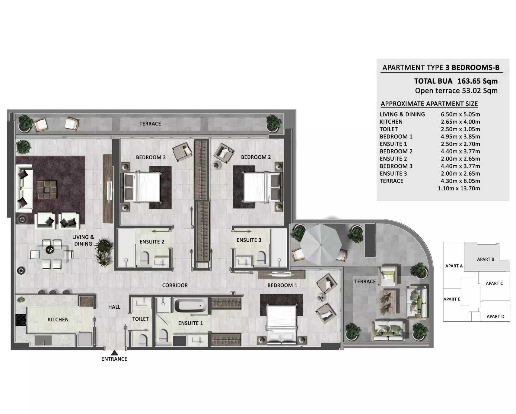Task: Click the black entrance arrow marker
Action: coord(114,353)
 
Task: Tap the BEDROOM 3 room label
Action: coord(151,157)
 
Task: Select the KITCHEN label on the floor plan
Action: coord(58,320)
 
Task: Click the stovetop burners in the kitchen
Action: coord(21,320)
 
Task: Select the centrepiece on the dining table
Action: coord(49,250)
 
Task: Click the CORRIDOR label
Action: coord(175,285)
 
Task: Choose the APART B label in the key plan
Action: coord(486,259)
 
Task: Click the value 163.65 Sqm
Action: coord(477,81)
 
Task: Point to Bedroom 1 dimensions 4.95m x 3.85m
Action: coord(460,137)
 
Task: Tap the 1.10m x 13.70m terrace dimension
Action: coord(459,188)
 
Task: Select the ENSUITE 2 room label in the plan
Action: coord(152,242)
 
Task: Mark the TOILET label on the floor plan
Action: coord(140,319)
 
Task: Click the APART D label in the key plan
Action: coord(495,317)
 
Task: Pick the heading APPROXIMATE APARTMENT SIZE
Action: coord(429,104)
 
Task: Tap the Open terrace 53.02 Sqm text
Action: coord(456,91)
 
